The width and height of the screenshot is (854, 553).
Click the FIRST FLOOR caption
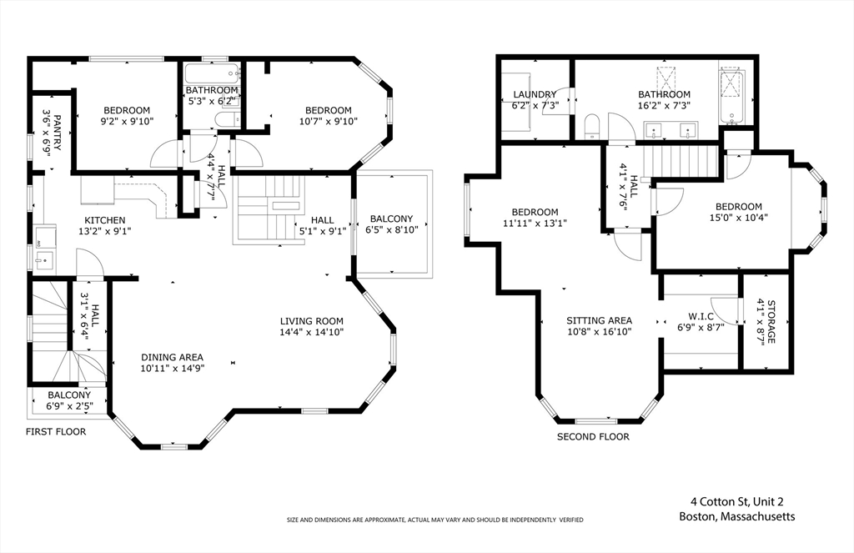tap(56, 432)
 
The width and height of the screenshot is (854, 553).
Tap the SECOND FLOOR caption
tap(593, 437)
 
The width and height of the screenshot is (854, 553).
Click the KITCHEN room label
tap(105, 221)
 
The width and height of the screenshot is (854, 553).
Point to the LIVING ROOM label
tap(312, 321)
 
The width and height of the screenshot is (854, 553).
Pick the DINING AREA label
tap(172, 358)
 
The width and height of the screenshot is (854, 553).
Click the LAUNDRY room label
tap(535, 95)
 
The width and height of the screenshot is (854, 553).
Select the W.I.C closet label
tap(701, 317)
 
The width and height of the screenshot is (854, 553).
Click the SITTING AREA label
tap(599, 321)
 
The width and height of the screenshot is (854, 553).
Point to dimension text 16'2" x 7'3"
tap(665, 106)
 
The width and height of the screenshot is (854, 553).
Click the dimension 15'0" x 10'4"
tap(739, 218)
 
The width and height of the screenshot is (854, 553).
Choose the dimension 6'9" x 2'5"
tap(69, 406)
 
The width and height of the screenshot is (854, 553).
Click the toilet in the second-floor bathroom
tap(591, 126)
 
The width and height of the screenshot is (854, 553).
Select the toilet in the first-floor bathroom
tap(227, 120)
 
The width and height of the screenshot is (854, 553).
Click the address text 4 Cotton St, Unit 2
tap(737, 502)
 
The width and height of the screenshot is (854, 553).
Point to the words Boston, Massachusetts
tap(737, 516)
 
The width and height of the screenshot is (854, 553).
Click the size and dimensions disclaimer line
tap(435, 520)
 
